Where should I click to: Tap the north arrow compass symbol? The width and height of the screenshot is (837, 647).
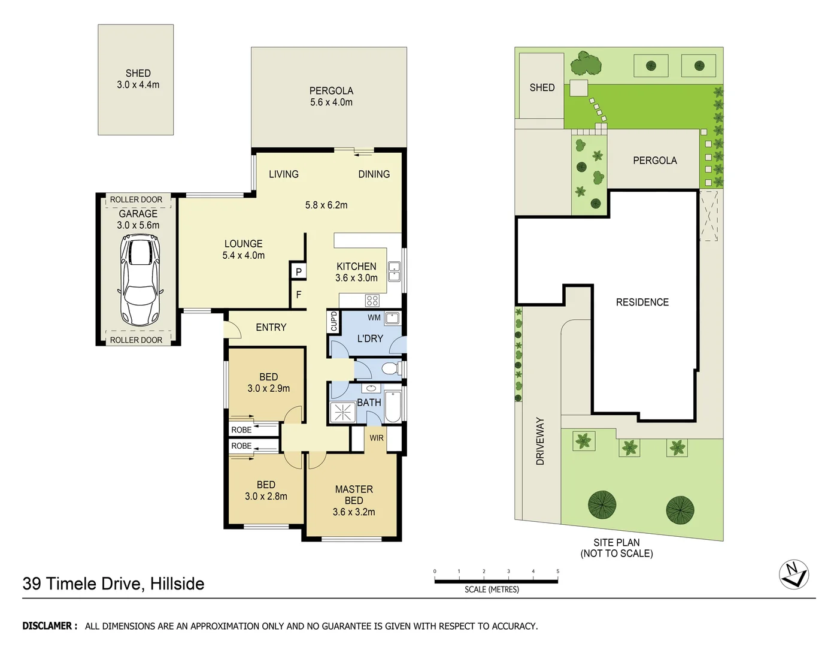794,575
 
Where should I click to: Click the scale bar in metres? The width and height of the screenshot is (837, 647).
496,581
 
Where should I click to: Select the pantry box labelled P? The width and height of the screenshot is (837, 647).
298,271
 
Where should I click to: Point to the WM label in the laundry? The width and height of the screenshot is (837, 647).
374,318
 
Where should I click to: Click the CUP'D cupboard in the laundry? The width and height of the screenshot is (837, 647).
334,321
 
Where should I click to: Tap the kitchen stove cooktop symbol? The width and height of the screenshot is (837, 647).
372,300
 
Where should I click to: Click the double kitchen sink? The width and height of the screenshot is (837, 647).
394,271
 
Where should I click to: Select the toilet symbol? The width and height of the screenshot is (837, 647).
390,368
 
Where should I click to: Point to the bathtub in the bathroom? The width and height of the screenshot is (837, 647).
394,407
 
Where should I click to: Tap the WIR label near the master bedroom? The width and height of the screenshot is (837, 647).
377,438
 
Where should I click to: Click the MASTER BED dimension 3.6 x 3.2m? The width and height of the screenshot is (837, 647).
354,512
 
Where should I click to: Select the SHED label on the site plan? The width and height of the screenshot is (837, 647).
542,87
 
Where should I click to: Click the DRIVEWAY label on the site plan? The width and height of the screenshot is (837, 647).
540,442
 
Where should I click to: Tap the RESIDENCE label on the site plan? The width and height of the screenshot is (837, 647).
642,303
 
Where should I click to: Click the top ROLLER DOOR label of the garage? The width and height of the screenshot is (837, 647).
136,199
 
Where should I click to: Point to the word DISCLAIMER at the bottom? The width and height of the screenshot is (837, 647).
50,626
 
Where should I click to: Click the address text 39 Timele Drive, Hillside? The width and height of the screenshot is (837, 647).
113,583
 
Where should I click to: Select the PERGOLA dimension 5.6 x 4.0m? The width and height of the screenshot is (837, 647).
331,102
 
